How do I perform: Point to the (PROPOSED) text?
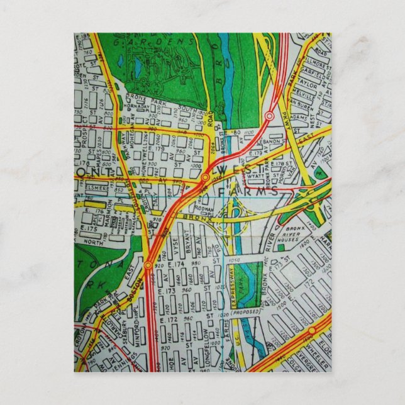point(245,311)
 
